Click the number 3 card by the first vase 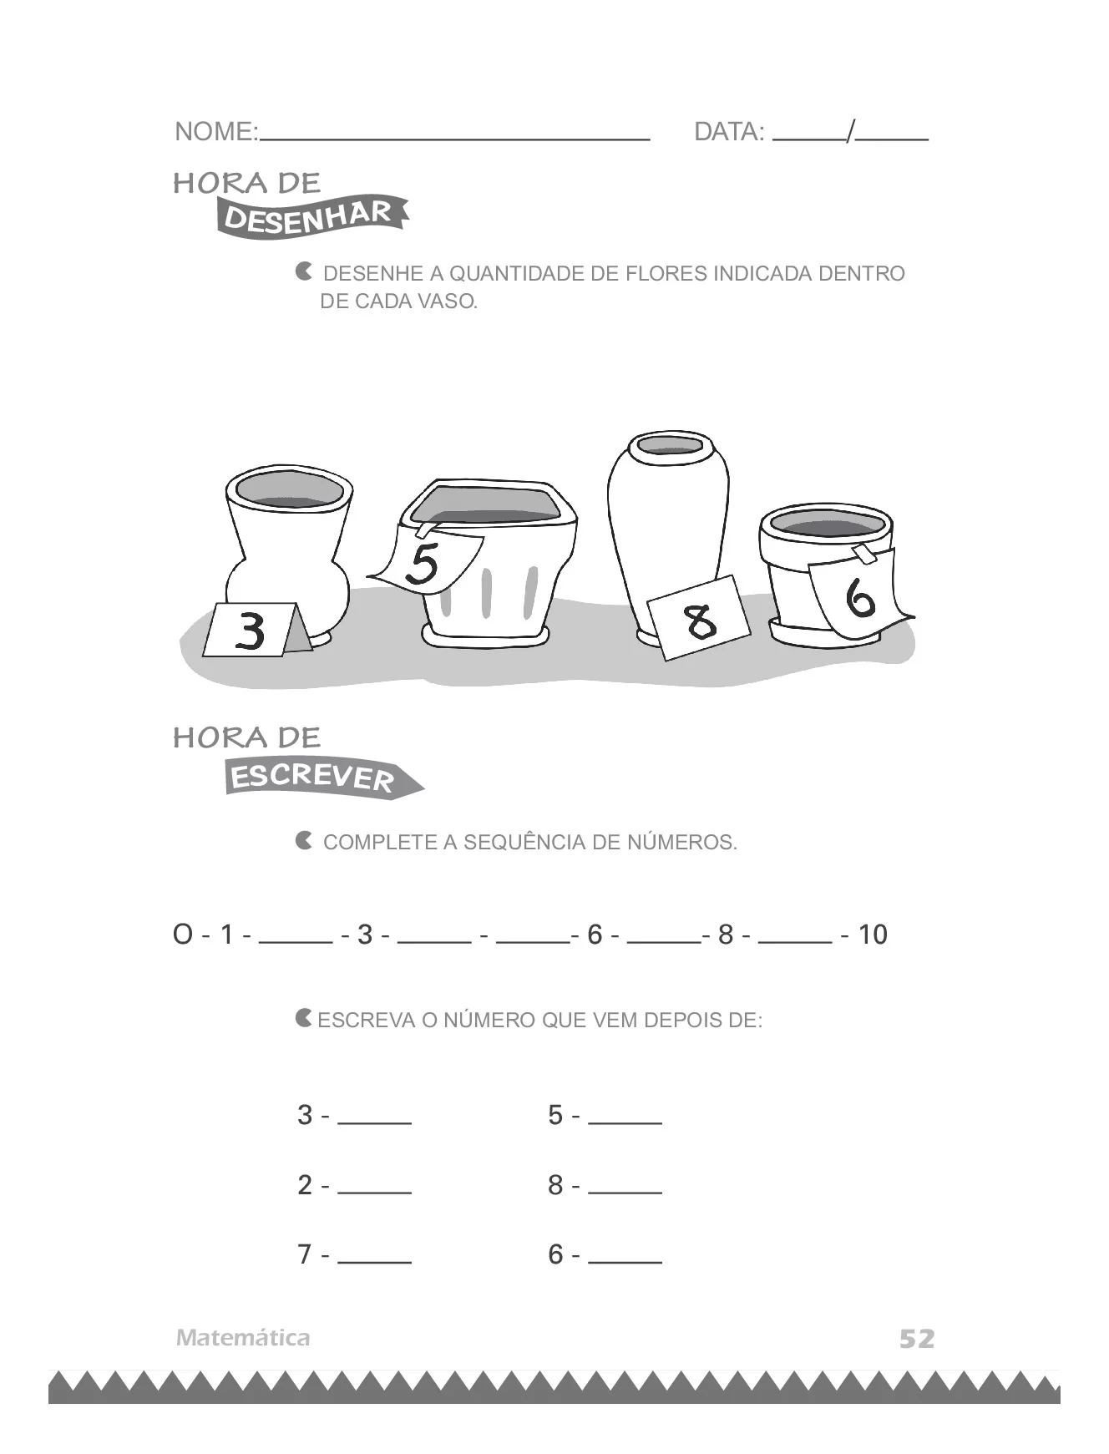[251, 630]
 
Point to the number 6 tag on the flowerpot [859, 594]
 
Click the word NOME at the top [215, 131]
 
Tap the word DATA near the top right [728, 131]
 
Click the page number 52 [917, 1339]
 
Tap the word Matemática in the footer [243, 1337]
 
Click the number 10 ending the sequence [873, 934]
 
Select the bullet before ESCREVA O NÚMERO [304, 1018]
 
